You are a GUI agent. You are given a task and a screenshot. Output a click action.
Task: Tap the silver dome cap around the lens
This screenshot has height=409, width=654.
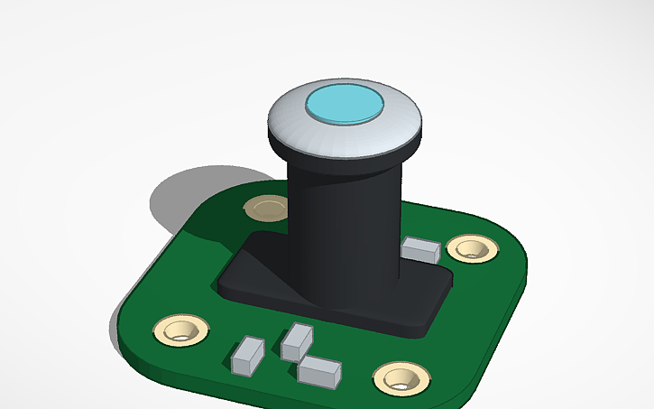tap(298, 131)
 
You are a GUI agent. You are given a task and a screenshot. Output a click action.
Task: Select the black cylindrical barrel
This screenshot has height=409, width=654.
tap(343, 226)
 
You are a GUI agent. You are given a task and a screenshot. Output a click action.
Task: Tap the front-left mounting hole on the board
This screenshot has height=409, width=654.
tap(181, 330)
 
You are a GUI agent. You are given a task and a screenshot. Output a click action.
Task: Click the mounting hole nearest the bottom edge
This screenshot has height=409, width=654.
tap(400, 378)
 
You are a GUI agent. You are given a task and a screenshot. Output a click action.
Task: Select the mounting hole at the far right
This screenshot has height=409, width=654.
tap(472, 248)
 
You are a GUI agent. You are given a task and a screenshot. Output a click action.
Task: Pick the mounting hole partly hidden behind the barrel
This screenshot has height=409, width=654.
tap(267, 209)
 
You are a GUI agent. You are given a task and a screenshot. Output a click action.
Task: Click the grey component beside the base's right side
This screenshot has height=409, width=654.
tap(421, 250)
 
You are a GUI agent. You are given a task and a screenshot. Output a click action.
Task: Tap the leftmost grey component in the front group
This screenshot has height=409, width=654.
tap(248, 355)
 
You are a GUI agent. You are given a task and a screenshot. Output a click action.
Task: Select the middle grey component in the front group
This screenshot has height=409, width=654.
tap(296, 342)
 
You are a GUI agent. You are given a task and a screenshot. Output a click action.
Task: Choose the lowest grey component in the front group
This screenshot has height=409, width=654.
tap(319, 371)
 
